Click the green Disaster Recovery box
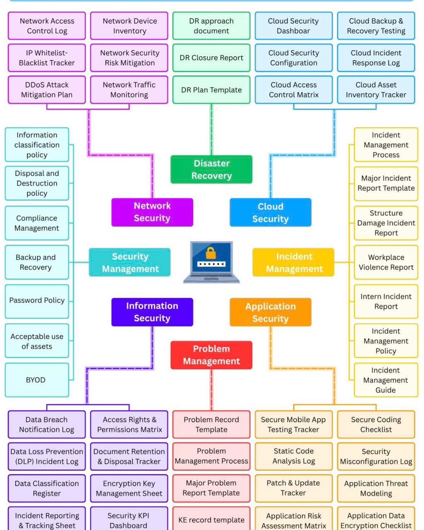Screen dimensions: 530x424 [x=211, y=169]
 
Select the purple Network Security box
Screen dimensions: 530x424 [x=152, y=212]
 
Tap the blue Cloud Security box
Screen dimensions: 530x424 [x=270, y=212]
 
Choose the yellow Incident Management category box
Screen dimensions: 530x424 [x=293, y=263]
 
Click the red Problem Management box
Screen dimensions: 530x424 [x=211, y=355]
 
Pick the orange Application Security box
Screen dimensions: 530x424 [x=270, y=312]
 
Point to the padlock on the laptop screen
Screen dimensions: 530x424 [x=211, y=253]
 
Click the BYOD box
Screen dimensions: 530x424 [x=37, y=380]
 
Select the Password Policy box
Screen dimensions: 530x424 [x=37, y=301]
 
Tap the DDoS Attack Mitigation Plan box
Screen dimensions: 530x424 [x=46, y=90]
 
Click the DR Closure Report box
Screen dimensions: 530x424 [x=211, y=58]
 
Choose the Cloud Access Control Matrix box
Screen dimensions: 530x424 [x=293, y=90]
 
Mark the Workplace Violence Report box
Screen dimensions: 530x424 [x=385, y=263]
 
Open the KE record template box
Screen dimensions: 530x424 [x=211, y=520]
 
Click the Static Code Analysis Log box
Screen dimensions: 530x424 [x=293, y=456]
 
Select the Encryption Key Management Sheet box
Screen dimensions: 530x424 [x=129, y=488]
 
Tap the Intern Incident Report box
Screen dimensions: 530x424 [x=385, y=301]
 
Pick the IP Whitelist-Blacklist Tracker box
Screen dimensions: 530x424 [x=46, y=58]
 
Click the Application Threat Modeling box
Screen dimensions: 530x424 [x=375, y=488]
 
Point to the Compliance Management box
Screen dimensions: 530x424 [x=37, y=223]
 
